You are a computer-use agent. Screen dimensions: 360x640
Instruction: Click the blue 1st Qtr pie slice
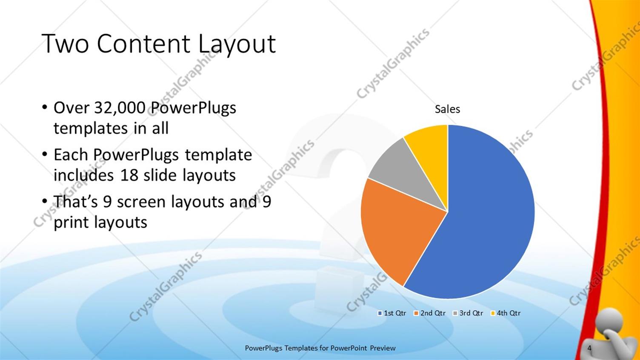[x=485, y=221]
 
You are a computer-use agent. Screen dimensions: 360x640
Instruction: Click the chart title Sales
[x=447, y=109]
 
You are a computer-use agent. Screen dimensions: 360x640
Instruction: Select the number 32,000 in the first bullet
[x=120, y=108]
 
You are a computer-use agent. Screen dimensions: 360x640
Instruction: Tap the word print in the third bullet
[x=71, y=223]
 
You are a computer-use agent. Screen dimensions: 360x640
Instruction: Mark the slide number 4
[x=589, y=348]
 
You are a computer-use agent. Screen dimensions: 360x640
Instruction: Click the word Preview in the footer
[x=383, y=348]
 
